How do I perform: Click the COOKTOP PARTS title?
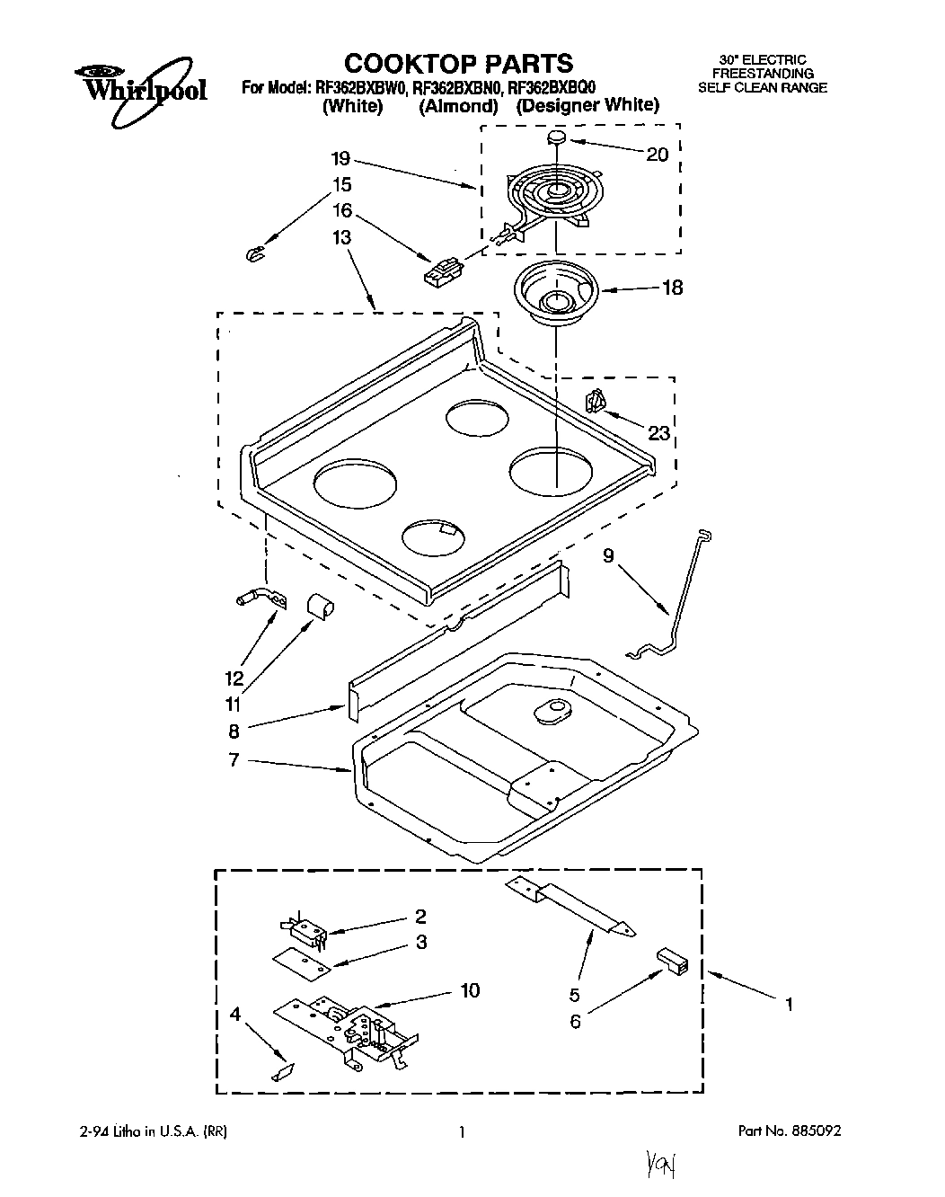tap(458, 63)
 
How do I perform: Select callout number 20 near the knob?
tap(658, 155)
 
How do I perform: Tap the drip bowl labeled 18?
tap(553, 294)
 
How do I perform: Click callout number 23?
tap(659, 433)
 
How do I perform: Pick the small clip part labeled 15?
tap(254, 255)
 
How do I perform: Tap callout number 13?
tap(341, 237)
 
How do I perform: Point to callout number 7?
tap(234, 760)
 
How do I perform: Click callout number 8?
tap(234, 731)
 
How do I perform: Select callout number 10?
tap(470, 990)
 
